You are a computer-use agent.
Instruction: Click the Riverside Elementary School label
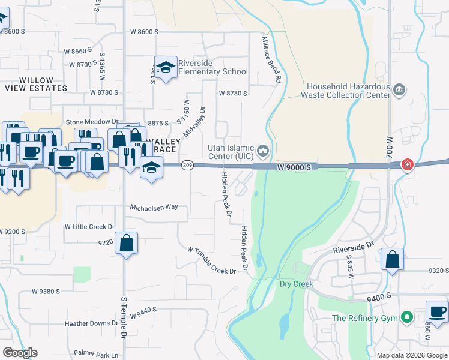(209, 71)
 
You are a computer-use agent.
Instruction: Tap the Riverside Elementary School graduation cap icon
(166, 67)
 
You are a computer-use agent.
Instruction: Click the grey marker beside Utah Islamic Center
(262, 149)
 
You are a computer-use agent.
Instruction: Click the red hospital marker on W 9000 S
(407, 164)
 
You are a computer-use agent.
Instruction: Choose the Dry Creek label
(297, 284)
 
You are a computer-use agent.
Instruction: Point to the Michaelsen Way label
(154, 207)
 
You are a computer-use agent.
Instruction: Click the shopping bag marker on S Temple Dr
(126, 244)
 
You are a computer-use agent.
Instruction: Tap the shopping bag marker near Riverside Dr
(392, 259)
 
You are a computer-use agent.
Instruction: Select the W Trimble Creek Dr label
(211, 260)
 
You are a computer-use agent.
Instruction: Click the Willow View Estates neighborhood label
(35, 84)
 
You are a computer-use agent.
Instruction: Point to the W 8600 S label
(144, 31)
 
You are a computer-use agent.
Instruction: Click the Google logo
(20, 353)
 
